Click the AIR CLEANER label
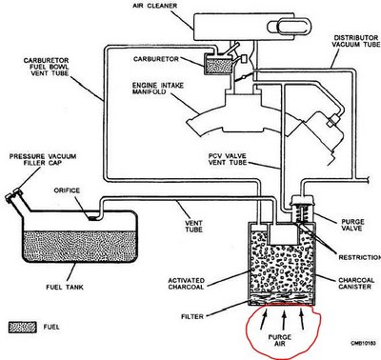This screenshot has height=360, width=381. pyautogui.click(x=155, y=6)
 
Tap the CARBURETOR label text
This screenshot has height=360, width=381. pyautogui.click(x=156, y=59)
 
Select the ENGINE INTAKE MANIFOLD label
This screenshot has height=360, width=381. pyautogui.click(x=158, y=89)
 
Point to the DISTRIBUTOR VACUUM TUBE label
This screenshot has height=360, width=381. pyautogui.click(x=356, y=41)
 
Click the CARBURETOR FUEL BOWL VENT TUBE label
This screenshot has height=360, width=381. pyautogui.click(x=46, y=67)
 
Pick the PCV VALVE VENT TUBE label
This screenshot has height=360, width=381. pyautogui.click(x=228, y=159)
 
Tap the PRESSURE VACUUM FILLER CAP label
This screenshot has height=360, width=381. pyautogui.click(x=43, y=160)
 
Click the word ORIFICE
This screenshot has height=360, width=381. pyautogui.click(x=67, y=190)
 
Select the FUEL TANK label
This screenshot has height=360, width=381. pyautogui.click(x=65, y=288)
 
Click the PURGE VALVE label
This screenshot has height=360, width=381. pyautogui.click(x=352, y=225)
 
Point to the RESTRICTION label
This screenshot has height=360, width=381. pyautogui.click(x=360, y=257)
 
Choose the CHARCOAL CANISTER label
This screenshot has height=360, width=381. pyautogui.click(x=356, y=284)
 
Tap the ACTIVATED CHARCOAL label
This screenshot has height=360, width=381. pyautogui.click(x=186, y=284)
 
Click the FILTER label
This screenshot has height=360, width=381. pyautogui.click(x=192, y=316)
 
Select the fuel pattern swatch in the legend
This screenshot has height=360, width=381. pyautogui.click(x=22, y=328)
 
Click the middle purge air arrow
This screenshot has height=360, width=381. pyautogui.click(x=284, y=320)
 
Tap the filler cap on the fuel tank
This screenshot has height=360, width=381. pyautogui.click(x=13, y=194)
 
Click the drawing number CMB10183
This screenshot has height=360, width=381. pyautogui.click(x=363, y=344)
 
